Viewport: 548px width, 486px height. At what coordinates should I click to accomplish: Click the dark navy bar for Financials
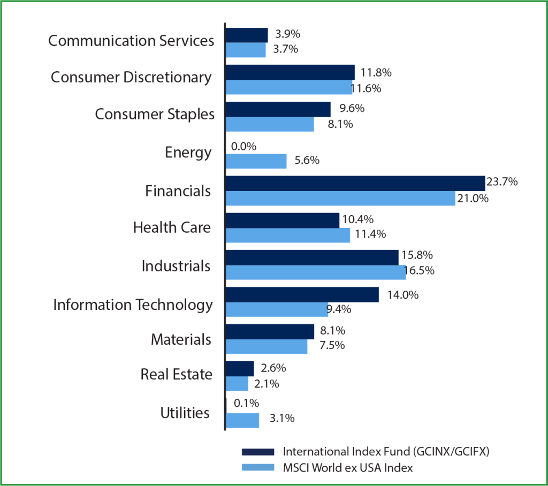tap(355, 183)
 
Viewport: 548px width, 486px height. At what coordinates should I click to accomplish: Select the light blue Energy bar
tap(256, 161)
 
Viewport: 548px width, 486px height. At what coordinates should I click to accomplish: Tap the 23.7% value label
tap(502, 182)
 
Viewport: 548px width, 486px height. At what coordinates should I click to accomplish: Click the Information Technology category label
tap(133, 305)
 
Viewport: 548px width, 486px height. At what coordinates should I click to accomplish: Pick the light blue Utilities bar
tap(242, 420)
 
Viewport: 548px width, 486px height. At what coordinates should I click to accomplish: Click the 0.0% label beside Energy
tap(244, 146)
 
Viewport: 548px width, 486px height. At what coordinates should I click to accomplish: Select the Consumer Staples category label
tap(155, 114)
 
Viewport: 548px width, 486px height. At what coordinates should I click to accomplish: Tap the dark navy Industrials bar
tap(311, 257)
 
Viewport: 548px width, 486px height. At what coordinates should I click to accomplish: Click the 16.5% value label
tap(419, 271)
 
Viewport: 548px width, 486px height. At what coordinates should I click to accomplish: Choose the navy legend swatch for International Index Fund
tap(258, 451)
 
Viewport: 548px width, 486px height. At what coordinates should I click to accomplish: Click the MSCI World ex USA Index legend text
tap(348, 468)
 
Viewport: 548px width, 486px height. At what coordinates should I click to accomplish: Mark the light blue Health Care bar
tap(287, 236)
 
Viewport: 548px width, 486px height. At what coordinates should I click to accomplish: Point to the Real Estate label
tap(176, 374)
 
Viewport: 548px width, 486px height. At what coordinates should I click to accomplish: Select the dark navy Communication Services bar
tap(246, 35)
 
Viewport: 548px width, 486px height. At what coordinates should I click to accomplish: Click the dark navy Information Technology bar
tap(302, 294)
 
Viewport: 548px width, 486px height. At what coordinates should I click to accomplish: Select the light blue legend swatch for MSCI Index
tap(258, 468)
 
